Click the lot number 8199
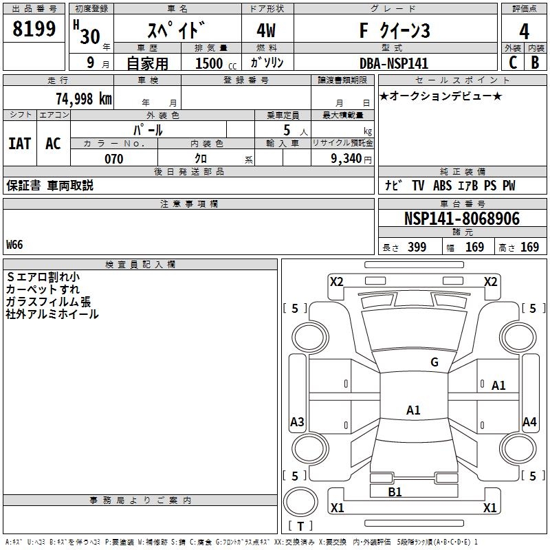click(34, 30)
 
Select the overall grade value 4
click(524, 31)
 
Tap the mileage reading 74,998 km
click(82, 98)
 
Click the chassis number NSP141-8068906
click(461, 219)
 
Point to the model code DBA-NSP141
click(394, 63)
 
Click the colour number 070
click(113, 159)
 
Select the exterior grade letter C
click(512, 63)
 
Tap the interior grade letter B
click(535, 63)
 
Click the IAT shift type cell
click(19, 144)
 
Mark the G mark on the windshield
click(434, 362)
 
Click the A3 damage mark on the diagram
click(297, 422)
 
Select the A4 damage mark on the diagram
click(529, 422)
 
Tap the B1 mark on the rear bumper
click(395, 492)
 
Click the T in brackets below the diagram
click(300, 526)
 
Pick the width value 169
click(475, 247)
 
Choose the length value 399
click(417, 247)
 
